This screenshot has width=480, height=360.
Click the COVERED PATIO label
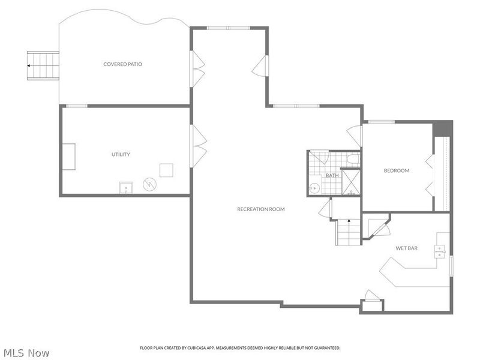(122, 64)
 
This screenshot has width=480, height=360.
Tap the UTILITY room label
(121, 154)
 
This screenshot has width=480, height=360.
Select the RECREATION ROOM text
(260, 209)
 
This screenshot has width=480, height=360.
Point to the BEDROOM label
(397, 170)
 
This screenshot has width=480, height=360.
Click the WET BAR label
(406, 248)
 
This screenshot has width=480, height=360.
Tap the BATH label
(332, 176)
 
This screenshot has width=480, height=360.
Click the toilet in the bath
(353, 160)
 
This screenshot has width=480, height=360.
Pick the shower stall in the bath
(350, 182)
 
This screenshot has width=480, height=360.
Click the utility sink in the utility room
(126, 188)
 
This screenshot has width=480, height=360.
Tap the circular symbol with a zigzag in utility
(149, 184)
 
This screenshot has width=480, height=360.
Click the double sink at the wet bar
(441, 251)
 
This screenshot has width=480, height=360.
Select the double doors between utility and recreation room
(199, 146)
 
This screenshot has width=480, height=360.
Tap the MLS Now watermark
(26, 353)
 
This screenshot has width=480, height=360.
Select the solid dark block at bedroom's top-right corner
(443, 128)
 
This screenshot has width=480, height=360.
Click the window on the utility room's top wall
(77, 106)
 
